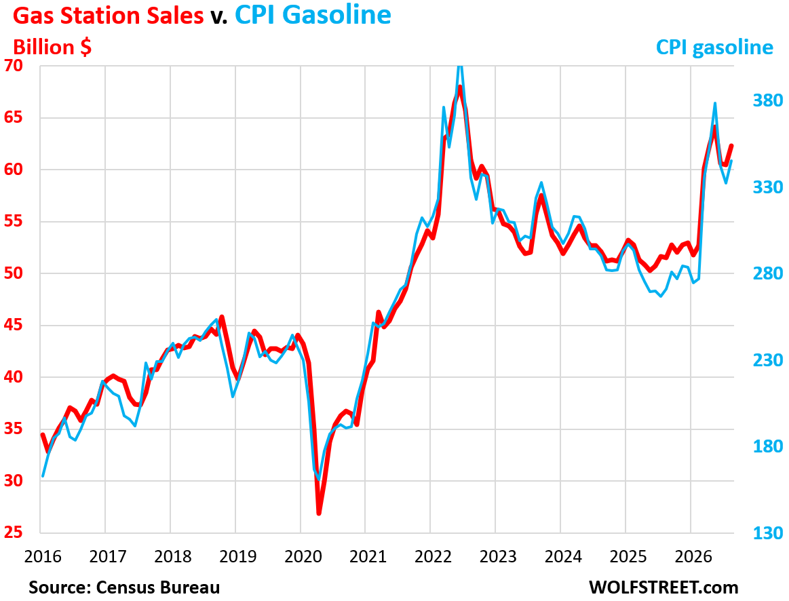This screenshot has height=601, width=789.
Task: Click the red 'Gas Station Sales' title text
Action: pos(108,15)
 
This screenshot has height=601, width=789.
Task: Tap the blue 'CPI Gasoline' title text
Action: pos(313,15)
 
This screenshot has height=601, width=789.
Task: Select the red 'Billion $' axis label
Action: pos(52,47)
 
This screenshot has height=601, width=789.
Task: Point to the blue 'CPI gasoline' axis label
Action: pos(714,47)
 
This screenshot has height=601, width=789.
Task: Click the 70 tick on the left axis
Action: pos(14,65)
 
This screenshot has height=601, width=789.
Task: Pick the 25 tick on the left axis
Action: pos(14,532)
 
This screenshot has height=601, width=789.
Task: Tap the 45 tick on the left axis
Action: pos(14,325)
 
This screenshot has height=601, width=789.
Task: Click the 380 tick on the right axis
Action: pos(768,100)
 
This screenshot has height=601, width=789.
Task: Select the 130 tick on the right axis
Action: pos(768,532)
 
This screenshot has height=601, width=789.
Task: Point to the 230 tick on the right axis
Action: pos(768,360)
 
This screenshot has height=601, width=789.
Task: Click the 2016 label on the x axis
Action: pos(43,557)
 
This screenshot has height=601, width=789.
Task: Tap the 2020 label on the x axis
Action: pos(303,557)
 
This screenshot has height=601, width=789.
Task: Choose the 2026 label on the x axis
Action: pos(693,557)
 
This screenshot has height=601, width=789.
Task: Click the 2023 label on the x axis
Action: pos(498,557)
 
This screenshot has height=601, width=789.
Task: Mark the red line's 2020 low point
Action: pos(319,513)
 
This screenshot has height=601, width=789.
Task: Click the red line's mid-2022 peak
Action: pos(460,87)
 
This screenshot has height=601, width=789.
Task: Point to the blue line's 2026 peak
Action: pos(714,103)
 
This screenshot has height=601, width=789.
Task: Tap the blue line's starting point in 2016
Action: pos(43,476)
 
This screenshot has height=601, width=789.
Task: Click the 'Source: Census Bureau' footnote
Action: pos(124,587)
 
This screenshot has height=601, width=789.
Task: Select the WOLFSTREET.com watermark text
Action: pos(663,587)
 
